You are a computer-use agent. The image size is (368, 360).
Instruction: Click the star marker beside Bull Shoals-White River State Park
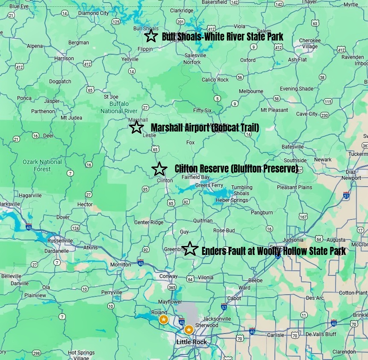tap(151, 36)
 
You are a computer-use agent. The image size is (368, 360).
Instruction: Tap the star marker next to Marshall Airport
tap(136, 127)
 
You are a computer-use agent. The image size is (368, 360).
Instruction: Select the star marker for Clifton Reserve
tap(159, 169)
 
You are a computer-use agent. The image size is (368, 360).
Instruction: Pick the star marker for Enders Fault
tap(190, 249)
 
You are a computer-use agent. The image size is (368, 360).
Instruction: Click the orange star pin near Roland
tap(163, 319)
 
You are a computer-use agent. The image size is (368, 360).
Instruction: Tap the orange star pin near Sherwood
tap(188, 329)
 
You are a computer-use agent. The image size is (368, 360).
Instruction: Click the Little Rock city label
tap(191, 342)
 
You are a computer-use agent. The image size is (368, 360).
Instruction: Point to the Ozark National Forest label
tap(42, 165)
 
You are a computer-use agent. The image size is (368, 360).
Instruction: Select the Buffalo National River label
tap(117, 108)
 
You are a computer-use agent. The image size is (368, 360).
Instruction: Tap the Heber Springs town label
tap(232, 200)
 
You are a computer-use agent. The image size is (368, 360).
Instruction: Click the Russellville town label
tap(60, 240)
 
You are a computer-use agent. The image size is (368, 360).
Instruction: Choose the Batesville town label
tap(292, 146)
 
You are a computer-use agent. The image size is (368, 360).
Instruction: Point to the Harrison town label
tap(64, 59)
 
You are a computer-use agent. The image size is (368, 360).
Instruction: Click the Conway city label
tap(168, 276)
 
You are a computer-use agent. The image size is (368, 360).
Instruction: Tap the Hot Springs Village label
tap(81, 355)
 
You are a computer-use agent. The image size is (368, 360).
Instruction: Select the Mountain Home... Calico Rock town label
tap(215, 80)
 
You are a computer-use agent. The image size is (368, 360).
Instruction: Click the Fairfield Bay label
tap(195, 177)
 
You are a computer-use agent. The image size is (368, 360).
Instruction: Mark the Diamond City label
tap(93, 13)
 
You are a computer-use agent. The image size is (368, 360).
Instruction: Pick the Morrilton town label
tap(121, 265)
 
